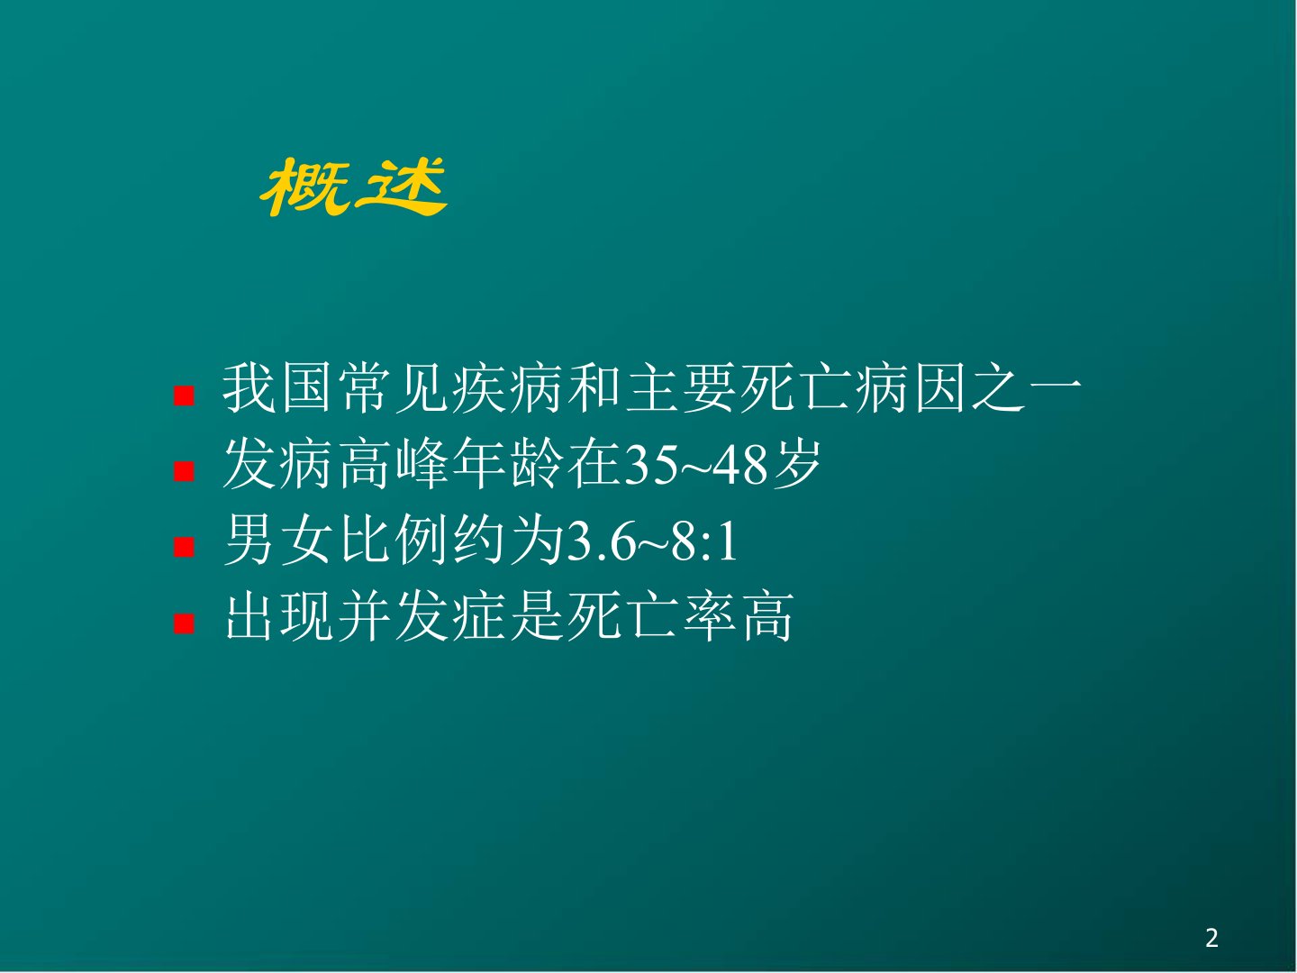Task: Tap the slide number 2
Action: coord(1211,938)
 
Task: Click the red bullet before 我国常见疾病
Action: coord(184,396)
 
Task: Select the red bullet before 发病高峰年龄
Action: coord(184,471)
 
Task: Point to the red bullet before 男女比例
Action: coord(184,547)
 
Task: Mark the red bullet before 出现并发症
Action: coord(184,623)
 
